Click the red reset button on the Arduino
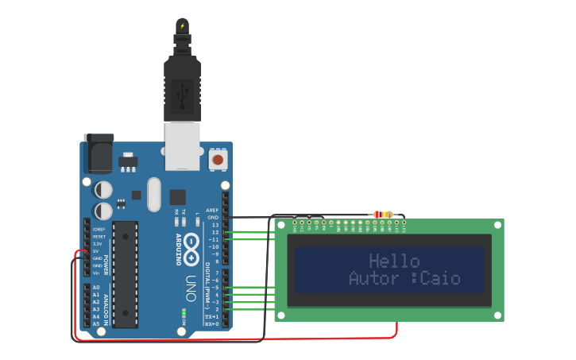click(217, 160)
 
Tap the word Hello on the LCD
click(394, 261)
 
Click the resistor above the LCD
click(383, 215)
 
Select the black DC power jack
click(99, 153)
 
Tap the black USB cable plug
click(182, 89)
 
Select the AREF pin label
click(212, 211)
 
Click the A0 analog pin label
click(96, 288)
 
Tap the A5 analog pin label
click(96, 323)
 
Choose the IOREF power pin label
click(98, 230)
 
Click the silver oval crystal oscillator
click(153, 195)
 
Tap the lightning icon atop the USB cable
click(182, 25)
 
